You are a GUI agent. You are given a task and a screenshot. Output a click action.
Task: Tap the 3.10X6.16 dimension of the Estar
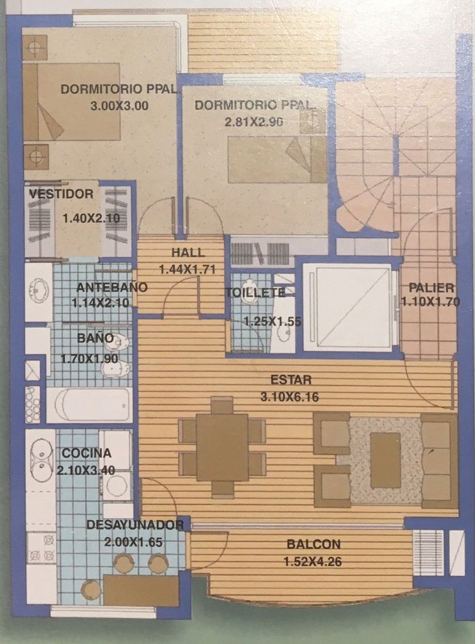(289, 397)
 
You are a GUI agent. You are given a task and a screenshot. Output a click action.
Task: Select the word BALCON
(313, 544)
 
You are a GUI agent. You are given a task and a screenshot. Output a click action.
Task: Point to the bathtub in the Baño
(89, 404)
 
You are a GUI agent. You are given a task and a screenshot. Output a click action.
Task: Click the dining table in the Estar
(222, 447)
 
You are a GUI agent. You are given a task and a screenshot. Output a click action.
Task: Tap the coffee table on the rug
(386, 460)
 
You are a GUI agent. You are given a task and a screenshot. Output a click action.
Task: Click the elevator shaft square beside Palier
(348, 307)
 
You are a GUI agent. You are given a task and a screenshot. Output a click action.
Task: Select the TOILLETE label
(255, 292)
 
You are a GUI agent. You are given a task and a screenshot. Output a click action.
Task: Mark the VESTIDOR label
(61, 194)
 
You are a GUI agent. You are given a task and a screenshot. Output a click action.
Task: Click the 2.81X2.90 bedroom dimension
(254, 122)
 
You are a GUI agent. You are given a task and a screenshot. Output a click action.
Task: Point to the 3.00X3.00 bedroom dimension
(119, 106)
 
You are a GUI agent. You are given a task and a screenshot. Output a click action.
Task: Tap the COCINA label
(86, 453)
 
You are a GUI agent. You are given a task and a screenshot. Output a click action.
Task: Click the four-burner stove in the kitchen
(41, 548)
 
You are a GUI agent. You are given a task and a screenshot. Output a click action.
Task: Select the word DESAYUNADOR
(135, 525)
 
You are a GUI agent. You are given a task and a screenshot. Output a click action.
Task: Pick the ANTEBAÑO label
(112, 287)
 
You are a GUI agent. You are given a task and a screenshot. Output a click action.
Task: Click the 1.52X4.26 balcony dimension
(313, 562)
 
